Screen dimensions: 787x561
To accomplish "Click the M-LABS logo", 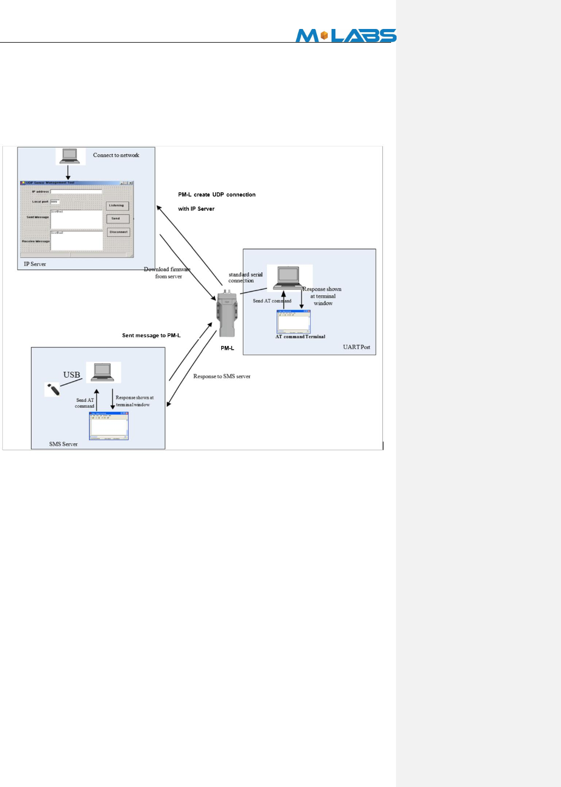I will (x=346, y=36).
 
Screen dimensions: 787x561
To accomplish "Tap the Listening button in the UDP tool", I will (x=117, y=205).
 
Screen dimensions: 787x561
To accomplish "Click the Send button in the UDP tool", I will (x=117, y=219).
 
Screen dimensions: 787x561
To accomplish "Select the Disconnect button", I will (x=118, y=232).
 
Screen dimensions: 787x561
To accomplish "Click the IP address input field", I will (x=76, y=192).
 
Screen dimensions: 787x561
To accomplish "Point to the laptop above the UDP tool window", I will (x=70, y=156).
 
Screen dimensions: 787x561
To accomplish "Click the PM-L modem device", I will (x=228, y=314).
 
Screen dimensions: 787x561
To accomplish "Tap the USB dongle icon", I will (x=52, y=390).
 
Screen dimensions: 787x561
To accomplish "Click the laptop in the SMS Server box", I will (x=103, y=372).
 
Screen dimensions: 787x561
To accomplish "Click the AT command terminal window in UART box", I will (x=293, y=321).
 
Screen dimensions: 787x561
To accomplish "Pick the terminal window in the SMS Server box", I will (x=109, y=426).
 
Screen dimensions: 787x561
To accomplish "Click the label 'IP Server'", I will (x=35, y=264).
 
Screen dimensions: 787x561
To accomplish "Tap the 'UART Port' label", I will (x=356, y=347).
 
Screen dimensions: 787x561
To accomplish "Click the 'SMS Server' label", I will (x=63, y=444).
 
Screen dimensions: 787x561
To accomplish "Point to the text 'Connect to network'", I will (x=116, y=155).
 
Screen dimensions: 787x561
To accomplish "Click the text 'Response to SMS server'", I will (x=222, y=377).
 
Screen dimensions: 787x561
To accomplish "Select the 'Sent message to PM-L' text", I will (x=151, y=336).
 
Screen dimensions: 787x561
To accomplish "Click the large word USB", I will (x=72, y=375).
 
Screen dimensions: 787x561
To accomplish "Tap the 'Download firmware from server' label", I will (x=168, y=273).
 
